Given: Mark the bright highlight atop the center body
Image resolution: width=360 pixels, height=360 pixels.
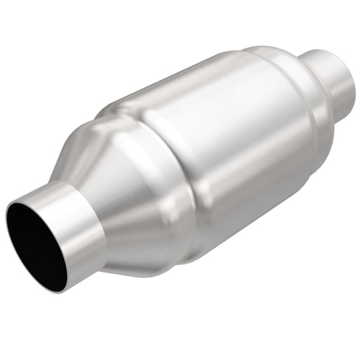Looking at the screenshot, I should pyautogui.click(x=195, y=87).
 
